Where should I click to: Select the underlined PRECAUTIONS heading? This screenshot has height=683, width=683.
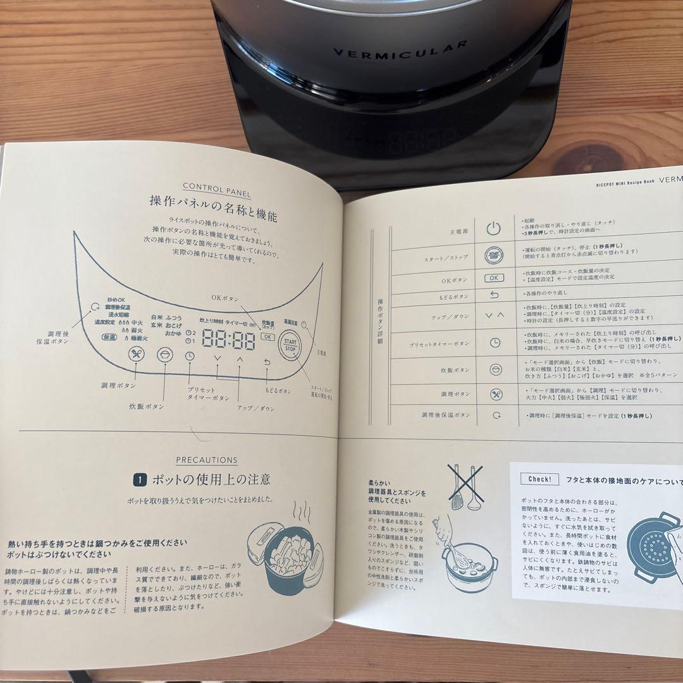pyautogui.click(x=206, y=460)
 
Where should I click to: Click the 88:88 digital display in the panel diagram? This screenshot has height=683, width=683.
pyautogui.click(x=228, y=341)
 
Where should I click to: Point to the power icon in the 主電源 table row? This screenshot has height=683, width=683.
pyautogui.click(x=495, y=228)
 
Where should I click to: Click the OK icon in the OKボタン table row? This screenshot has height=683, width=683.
pyautogui.click(x=495, y=278)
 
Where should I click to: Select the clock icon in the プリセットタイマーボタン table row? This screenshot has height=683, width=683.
pyautogui.click(x=495, y=342)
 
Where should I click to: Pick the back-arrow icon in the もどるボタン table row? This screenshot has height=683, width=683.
pyautogui.click(x=495, y=294)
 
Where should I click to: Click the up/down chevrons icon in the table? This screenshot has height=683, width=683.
pyautogui.click(x=495, y=314)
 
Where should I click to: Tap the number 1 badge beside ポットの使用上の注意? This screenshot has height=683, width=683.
pyautogui.click(x=139, y=480)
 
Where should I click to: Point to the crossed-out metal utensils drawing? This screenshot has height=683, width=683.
pyautogui.click(x=464, y=488)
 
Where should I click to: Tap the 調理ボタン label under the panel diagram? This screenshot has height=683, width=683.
pyautogui.click(x=118, y=385)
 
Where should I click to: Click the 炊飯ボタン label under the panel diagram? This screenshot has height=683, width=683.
pyautogui.click(x=146, y=406)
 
